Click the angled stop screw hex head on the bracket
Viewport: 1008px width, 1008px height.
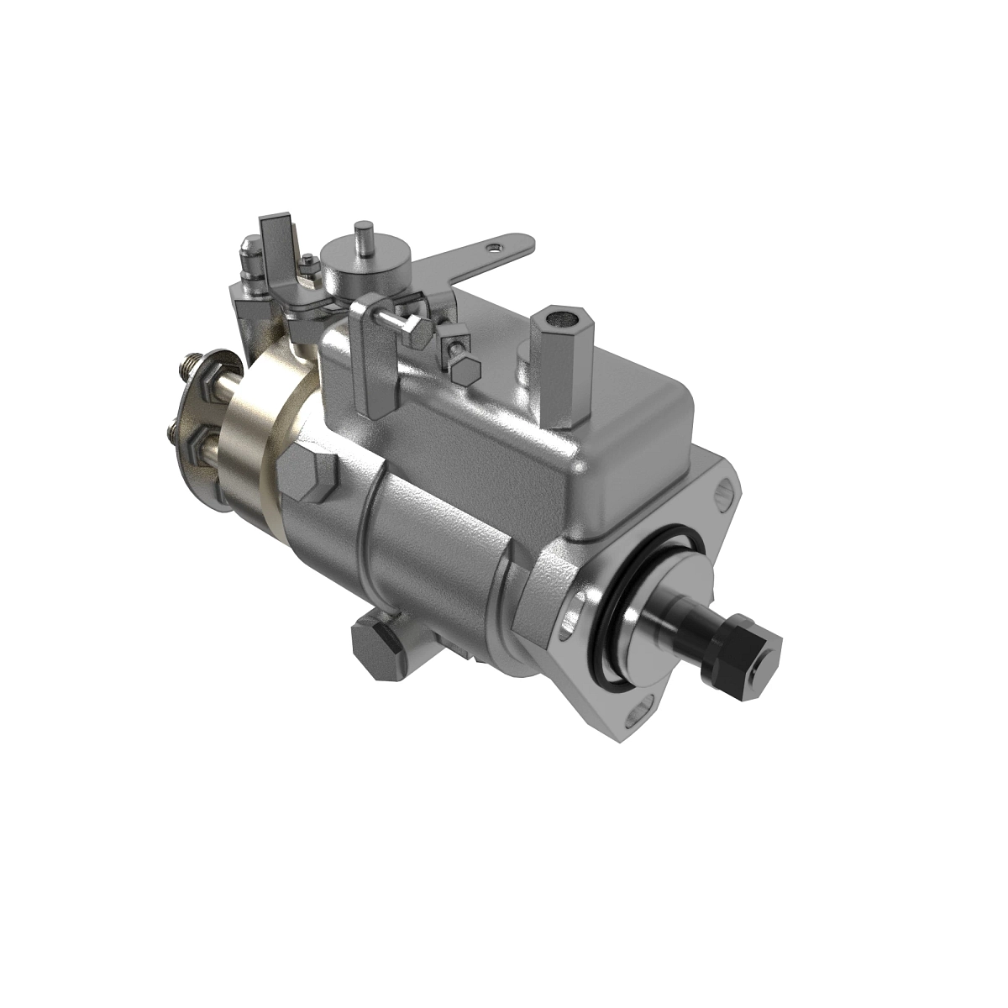tap(417, 335)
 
